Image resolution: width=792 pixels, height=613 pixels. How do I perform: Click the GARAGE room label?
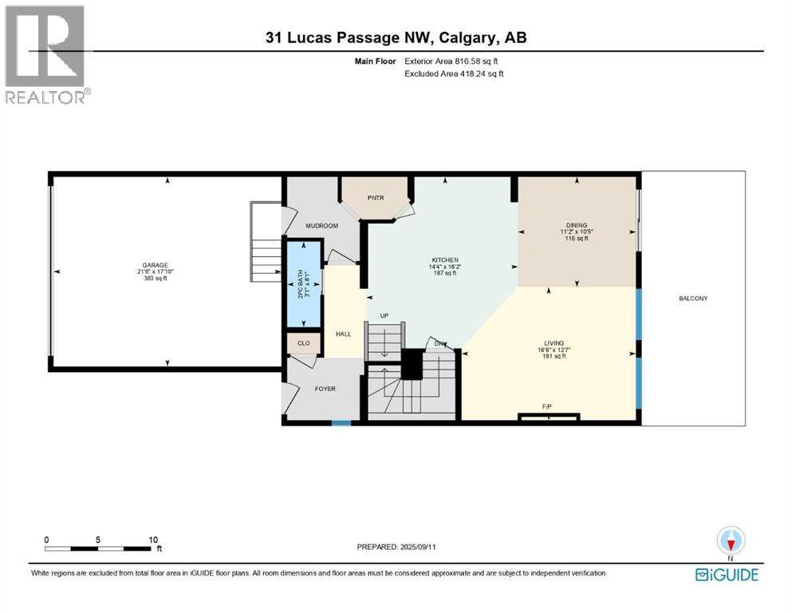[x=155, y=265]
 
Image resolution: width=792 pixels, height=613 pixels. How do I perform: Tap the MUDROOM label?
[x=322, y=226]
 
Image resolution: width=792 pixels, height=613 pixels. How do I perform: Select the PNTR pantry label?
[x=376, y=197]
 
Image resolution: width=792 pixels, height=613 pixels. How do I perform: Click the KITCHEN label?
[x=444, y=260]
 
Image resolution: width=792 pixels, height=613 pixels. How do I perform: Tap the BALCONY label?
[x=693, y=299]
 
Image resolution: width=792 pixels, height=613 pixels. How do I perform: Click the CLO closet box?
[x=303, y=344]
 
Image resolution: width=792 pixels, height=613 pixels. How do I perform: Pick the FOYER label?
[x=325, y=389]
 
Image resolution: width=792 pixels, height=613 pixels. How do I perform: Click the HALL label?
[x=343, y=334]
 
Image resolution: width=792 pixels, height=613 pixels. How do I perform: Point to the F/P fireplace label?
[x=547, y=407]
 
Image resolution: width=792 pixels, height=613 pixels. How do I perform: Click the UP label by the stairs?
[x=384, y=316]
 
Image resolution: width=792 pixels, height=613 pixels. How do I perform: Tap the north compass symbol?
[x=731, y=542]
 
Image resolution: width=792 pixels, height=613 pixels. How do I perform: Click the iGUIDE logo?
[x=727, y=575]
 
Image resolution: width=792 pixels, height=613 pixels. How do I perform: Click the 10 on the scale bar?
[x=153, y=539]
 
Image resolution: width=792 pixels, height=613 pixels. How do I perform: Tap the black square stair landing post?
[x=412, y=365]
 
